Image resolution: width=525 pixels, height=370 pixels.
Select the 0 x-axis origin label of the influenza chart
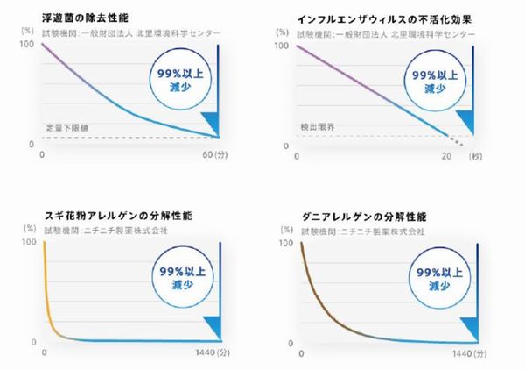[x=298, y=156]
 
